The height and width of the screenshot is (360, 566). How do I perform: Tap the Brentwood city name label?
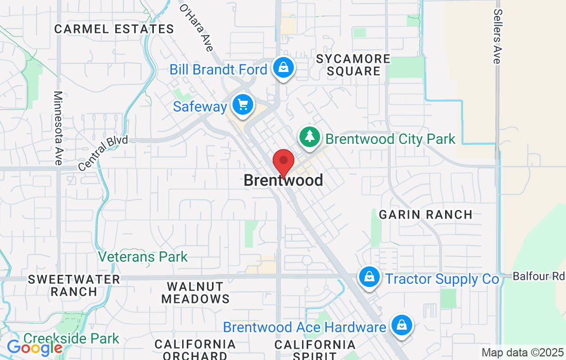point(283,181)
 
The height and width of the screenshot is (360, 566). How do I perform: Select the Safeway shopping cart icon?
point(242,105)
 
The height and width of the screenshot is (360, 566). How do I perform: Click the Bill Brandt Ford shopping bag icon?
point(283,67)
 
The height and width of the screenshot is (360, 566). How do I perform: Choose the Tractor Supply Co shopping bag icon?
point(369,277)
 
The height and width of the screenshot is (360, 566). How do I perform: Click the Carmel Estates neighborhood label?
point(114,29)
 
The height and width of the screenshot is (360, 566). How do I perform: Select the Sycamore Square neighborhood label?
point(353,65)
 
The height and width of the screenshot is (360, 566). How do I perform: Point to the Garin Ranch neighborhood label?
point(426,214)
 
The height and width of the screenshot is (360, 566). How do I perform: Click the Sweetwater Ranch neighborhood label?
point(74,285)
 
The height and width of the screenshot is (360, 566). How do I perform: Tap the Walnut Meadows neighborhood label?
point(195,292)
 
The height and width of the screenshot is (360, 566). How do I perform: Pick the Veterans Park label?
point(143,257)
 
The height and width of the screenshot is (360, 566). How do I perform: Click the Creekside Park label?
point(72,338)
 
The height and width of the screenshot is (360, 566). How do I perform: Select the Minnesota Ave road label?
point(59,128)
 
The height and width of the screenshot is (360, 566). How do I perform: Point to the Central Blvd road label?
point(103,153)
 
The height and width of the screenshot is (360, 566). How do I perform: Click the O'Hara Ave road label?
point(197,28)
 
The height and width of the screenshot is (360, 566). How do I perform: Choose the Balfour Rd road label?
point(538,276)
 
